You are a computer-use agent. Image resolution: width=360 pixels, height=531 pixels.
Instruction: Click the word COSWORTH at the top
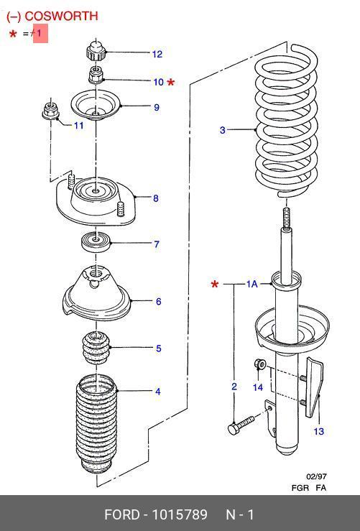tap(61, 16)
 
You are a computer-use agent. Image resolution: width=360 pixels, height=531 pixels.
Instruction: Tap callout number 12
tap(157, 54)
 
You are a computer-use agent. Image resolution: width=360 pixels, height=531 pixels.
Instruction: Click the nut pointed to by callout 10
tap(96, 75)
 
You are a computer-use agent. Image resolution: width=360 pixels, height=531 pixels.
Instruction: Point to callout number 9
tap(157, 107)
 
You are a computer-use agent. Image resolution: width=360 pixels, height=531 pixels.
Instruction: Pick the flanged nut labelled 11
tap(51, 110)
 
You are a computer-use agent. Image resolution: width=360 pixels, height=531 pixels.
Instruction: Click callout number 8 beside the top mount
tap(156, 198)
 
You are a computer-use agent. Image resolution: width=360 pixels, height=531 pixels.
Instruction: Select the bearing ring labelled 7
tap(96, 242)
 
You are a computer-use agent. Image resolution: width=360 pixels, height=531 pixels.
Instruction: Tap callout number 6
tap(159, 301)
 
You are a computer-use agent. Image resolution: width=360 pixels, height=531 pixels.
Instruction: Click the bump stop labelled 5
tap(96, 348)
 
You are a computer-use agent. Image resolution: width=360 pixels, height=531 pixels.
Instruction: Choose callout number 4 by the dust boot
tap(158, 392)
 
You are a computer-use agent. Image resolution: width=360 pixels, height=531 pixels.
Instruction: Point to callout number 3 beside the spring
tap(223, 130)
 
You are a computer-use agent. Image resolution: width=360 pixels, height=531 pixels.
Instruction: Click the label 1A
tap(252, 284)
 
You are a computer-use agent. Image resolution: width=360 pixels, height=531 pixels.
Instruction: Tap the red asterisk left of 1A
tap(215, 284)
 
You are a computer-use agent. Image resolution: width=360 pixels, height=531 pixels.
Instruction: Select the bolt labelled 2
tap(241, 425)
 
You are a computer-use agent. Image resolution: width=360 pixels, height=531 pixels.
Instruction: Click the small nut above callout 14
tap(259, 364)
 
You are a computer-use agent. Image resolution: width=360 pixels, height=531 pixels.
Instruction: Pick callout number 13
tap(319, 431)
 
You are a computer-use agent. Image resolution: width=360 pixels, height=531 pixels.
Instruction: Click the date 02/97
tap(317, 476)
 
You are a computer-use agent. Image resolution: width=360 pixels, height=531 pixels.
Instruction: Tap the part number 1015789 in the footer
tap(180, 514)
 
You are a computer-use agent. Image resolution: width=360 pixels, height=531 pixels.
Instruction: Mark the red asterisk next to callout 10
tap(171, 82)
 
